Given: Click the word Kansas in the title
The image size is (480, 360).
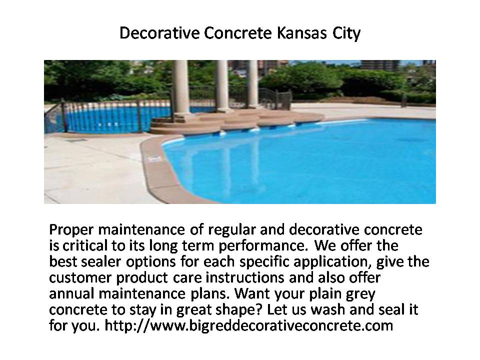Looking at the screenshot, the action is coord(301,33).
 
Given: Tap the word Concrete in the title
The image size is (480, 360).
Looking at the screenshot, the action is coord(237,33).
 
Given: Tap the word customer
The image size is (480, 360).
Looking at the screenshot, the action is coord(80,278).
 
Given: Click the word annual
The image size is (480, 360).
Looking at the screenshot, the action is coord(71,294).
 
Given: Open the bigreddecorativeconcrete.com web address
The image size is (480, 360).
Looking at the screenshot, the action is coord(249,326).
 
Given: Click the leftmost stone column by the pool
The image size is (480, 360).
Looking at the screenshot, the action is coord(181,87).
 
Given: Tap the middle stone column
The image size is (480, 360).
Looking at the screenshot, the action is coord(222,85).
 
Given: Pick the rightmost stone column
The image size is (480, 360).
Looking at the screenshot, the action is coord(253,83).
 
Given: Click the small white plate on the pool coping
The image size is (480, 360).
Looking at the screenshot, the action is coord(154,159).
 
